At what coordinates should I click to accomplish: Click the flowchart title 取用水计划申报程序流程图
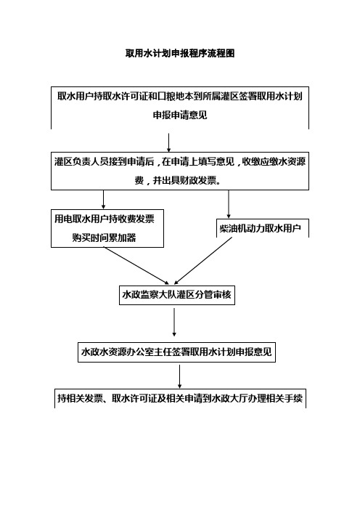pyautogui.click(x=180, y=53)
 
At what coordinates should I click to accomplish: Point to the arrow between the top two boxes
pyautogui.click(x=168, y=142)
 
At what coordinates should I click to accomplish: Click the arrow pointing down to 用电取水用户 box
pyautogui.click(x=103, y=200)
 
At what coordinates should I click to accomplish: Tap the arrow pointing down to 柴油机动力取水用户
pyautogui.click(x=229, y=204)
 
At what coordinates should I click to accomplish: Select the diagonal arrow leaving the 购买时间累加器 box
pyautogui.click(x=136, y=266)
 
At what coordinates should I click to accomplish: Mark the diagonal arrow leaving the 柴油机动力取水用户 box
pyautogui.click(x=203, y=261)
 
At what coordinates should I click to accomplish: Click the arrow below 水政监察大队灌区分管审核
pyautogui.click(x=174, y=322)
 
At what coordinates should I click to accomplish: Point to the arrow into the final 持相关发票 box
pyautogui.click(x=180, y=376)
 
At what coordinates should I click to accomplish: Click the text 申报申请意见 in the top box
pyautogui.click(x=180, y=115)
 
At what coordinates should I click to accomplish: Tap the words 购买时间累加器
pyautogui.click(x=104, y=238)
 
